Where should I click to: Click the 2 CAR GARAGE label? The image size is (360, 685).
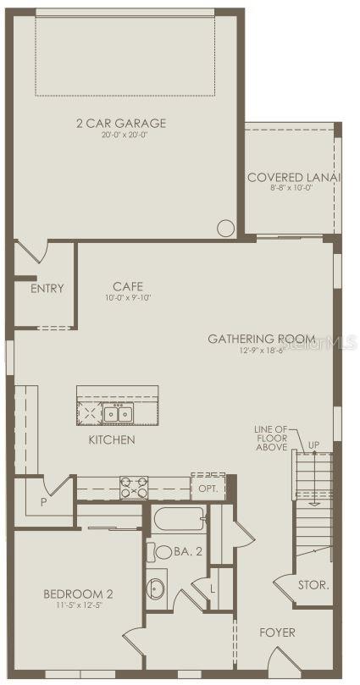120,123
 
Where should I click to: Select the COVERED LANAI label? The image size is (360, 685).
293,177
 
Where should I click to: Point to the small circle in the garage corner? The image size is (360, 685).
225,228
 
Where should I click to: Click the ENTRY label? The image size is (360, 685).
47,288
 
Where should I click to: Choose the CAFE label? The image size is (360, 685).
128,286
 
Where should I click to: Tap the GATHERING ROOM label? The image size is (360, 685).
261,339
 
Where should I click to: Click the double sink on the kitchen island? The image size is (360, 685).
118,413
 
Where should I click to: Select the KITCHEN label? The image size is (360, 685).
112,439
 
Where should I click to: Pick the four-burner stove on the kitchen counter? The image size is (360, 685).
133,487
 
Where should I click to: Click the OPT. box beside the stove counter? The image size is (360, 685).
208,488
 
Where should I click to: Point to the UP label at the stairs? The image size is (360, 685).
313,445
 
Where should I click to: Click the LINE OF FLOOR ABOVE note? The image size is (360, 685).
271,438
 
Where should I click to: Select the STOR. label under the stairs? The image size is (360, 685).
313,584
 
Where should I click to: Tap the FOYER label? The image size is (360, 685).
278,632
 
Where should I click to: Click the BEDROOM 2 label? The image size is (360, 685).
78,594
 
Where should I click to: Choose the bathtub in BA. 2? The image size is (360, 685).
180,519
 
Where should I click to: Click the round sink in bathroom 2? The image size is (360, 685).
157,586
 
